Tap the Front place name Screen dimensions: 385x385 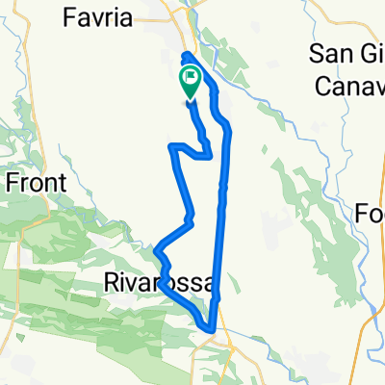pos(35,181)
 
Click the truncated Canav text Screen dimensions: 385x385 pos(350,84)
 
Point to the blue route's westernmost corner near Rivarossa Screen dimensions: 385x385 pos(156,251)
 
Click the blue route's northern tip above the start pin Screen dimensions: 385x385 pos(186,55)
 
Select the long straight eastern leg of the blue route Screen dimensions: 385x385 pos(221,212)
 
